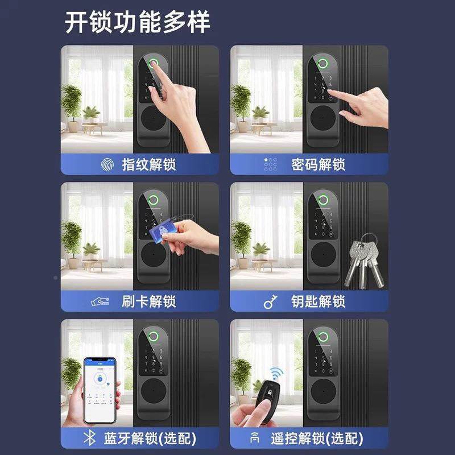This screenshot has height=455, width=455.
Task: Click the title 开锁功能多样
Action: (137, 22)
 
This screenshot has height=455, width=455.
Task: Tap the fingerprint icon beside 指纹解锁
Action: (106, 165)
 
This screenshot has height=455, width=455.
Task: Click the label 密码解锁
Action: (318, 165)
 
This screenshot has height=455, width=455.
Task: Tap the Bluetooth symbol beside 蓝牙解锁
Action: (88, 439)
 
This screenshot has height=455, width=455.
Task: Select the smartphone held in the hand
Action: (100, 390)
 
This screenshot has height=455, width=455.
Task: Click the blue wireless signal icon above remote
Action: (277, 373)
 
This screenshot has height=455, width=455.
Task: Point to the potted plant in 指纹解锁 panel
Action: (71, 102)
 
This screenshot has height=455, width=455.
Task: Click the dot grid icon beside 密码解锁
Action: (270, 165)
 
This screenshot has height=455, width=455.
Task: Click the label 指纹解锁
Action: (149, 165)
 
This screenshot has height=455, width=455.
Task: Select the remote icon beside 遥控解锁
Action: (254, 439)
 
